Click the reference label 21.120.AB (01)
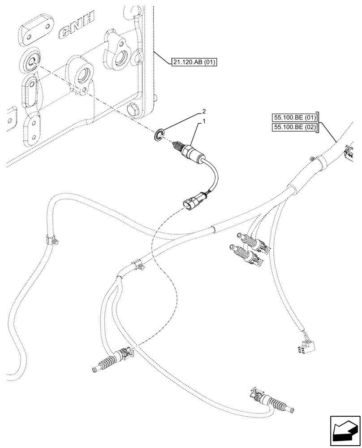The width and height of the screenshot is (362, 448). [194, 62]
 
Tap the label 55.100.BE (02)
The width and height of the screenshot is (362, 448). [294, 128]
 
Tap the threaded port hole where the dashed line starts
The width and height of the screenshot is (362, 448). [30, 62]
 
